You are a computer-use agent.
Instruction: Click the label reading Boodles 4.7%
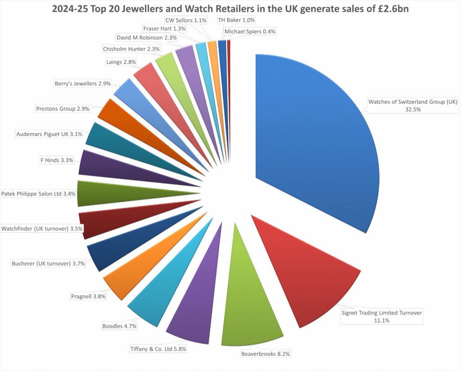point(119,326)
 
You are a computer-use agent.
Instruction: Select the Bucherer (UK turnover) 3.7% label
point(47,263)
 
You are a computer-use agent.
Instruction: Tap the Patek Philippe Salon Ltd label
point(38,194)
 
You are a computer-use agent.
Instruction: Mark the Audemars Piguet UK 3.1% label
point(49,134)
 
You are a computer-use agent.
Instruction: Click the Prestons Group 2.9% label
point(63,109)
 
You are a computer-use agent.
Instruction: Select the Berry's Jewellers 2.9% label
point(81,84)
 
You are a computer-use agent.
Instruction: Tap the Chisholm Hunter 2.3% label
point(128,49)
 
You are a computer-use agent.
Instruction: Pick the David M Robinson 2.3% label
point(147,38)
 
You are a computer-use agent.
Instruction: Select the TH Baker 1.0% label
point(236,20)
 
